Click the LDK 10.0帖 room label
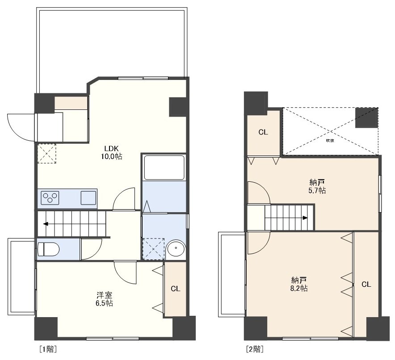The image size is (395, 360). coord(112,152)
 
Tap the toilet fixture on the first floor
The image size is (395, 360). coord(48,249)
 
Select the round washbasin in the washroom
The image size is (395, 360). coord(176,249)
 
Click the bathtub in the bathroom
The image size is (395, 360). coord(164,167)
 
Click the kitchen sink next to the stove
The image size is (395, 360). coord(88,198)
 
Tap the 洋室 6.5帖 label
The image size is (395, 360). coord(104,299)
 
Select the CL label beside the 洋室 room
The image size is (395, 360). coord(175,289)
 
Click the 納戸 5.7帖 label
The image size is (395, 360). coord(317,186)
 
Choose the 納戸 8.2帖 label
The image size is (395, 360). coord(299,284)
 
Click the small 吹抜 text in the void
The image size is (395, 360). coord(330,141)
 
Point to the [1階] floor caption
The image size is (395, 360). coord(48,349)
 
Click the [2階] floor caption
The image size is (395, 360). coord(255,349)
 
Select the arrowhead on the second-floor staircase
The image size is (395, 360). coord(305,218)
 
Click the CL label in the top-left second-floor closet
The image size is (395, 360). coord(263,132)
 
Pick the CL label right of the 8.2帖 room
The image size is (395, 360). coord(366,285)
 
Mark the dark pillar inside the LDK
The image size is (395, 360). coord(178,107)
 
